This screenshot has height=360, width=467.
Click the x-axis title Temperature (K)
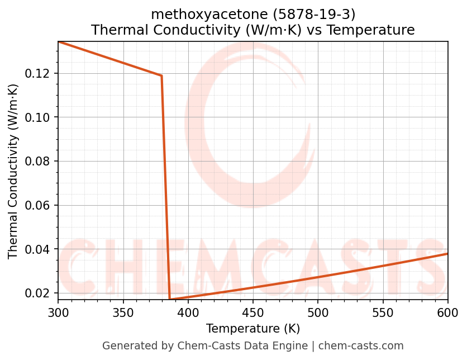coord(252,328)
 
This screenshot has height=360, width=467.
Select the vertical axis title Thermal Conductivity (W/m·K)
coord(13,171)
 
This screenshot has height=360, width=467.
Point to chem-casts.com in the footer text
coord(361,346)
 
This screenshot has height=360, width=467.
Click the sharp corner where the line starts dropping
coord(161,75)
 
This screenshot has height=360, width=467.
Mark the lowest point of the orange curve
coord(170,299)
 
